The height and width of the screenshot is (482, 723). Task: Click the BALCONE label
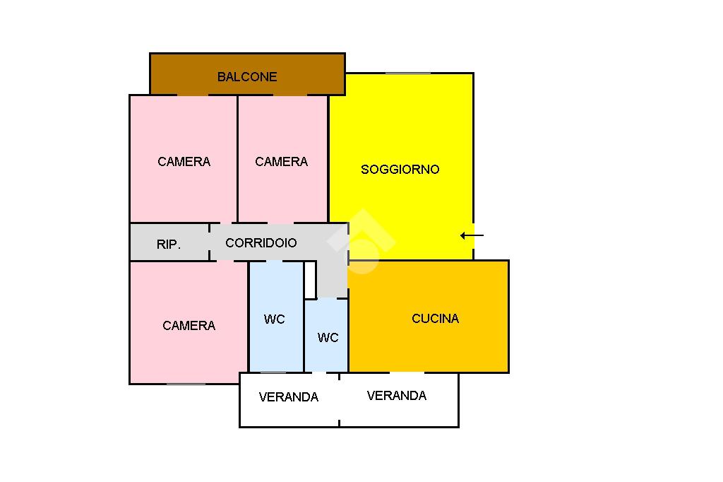coord(247,77)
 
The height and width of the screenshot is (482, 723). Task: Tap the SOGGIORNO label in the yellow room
coord(400,170)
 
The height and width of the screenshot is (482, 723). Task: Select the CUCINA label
coord(435,319)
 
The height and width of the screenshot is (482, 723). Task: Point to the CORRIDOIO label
coord(261,243)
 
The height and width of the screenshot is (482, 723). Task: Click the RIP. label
coord(169,245)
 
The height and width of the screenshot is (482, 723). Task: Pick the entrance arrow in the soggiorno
coord(472,235)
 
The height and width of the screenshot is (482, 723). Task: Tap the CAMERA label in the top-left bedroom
coord(184,162)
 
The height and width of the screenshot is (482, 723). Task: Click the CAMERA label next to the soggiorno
coord(281,162)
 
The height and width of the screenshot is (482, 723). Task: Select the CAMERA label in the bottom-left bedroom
coord(189,326)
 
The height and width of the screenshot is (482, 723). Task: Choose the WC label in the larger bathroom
coord(275,319)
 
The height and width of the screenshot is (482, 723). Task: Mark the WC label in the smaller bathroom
coord(328,338)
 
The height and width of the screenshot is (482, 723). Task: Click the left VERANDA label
coord(289,397)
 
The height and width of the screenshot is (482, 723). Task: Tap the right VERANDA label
coord(397,396)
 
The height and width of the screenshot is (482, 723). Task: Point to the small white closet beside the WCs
coord(309,280)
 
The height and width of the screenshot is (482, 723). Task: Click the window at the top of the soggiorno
coord(407,73)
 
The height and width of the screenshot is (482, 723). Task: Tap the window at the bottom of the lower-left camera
coord(186,384)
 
